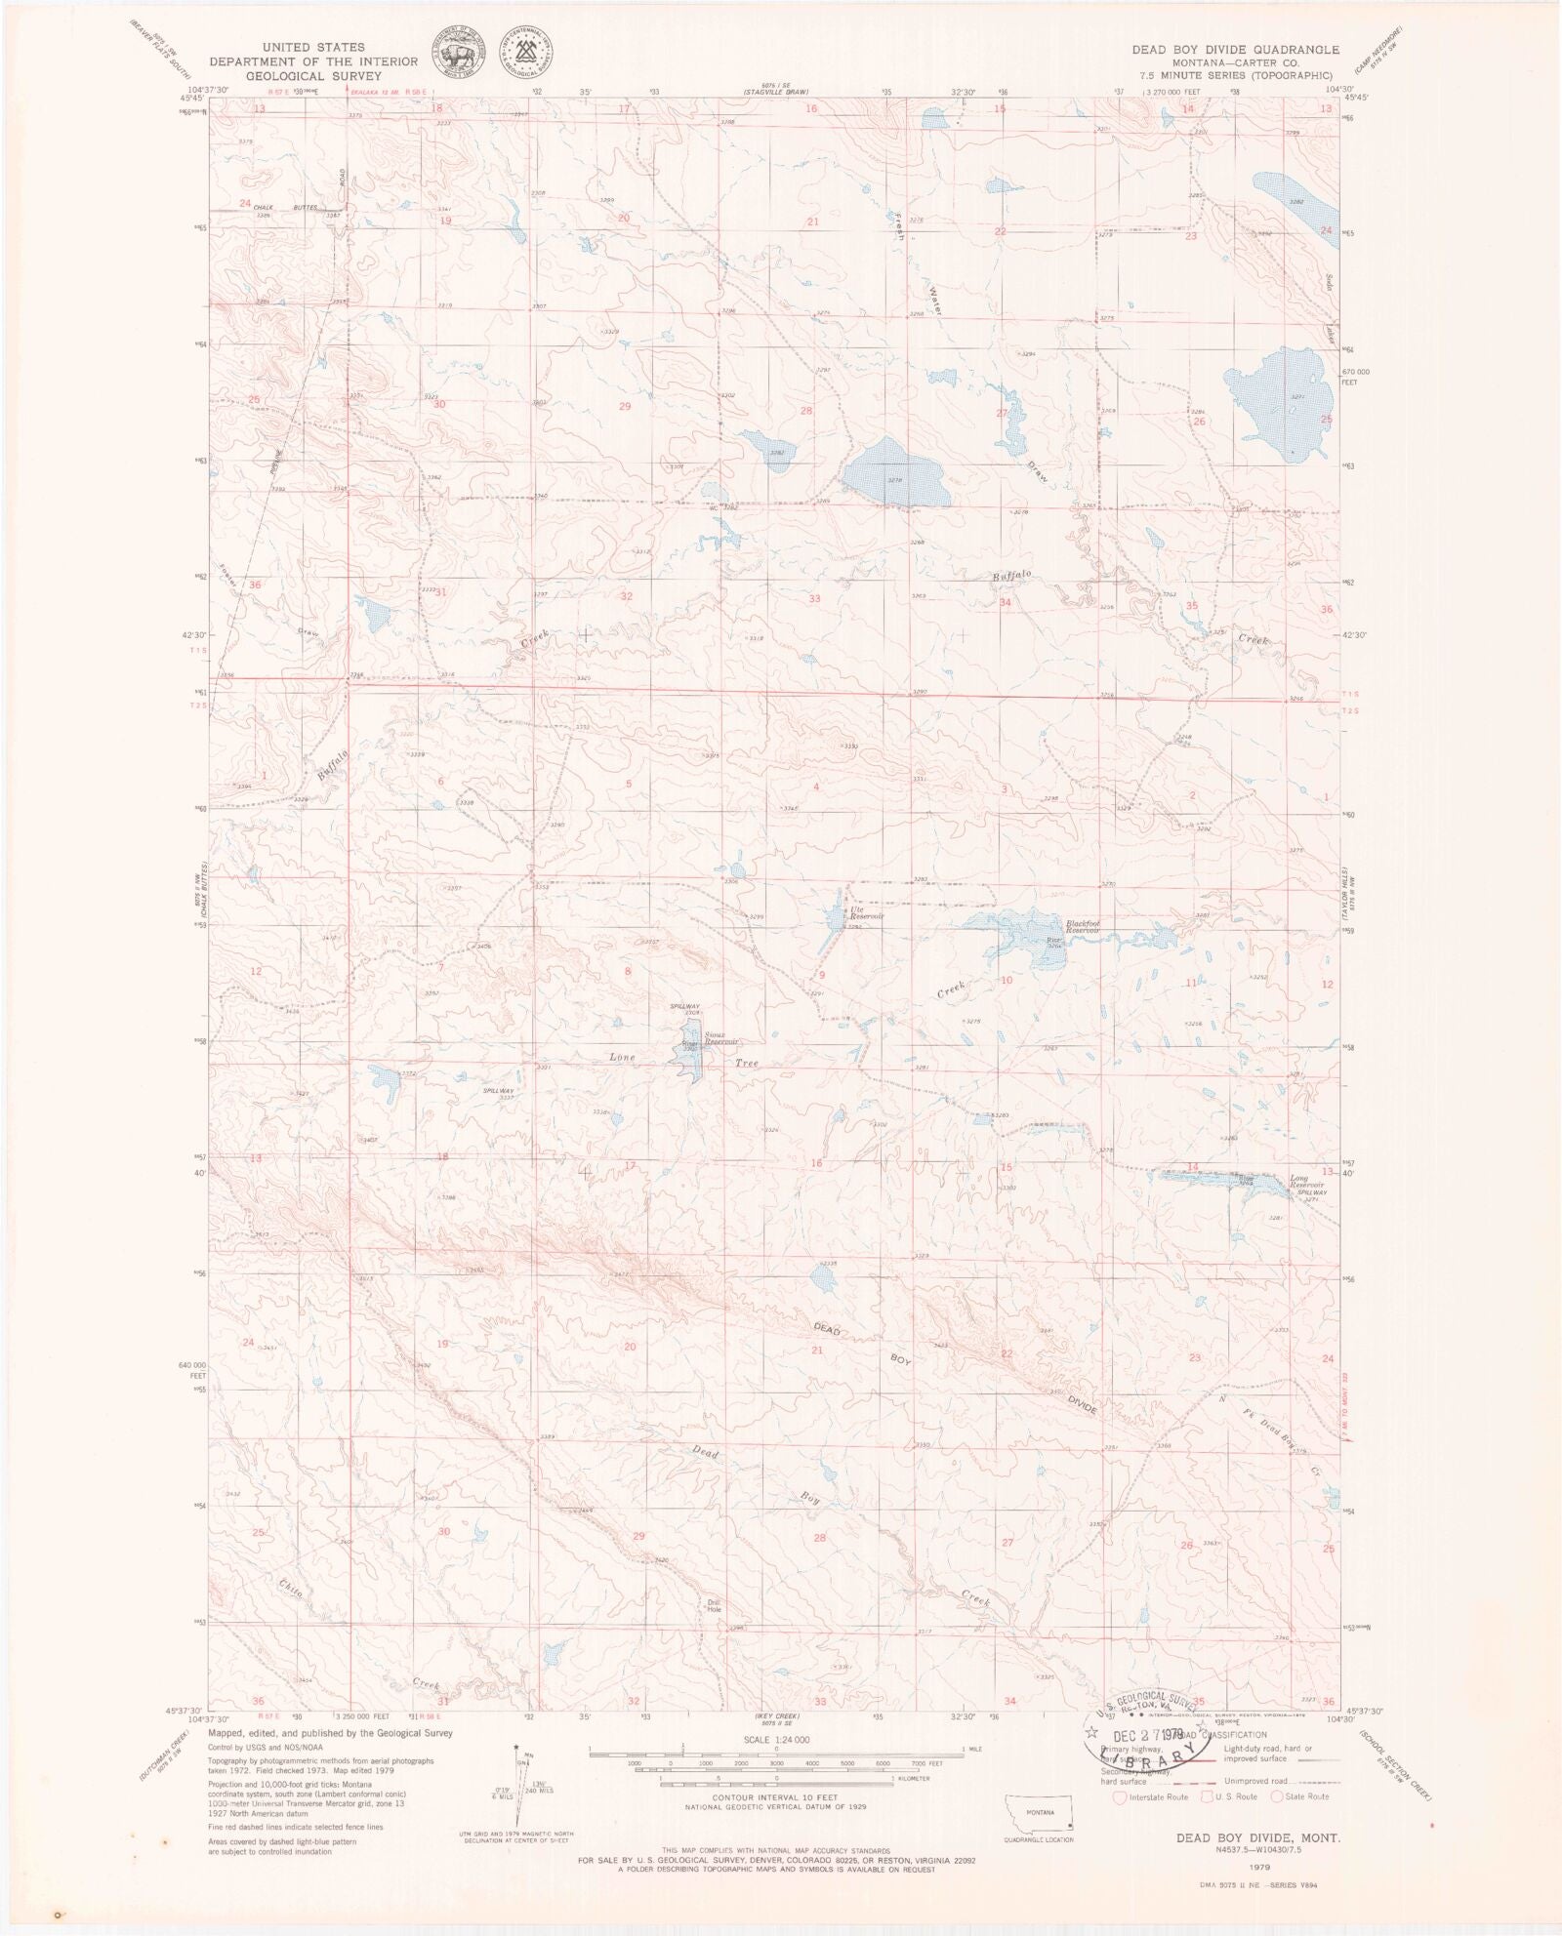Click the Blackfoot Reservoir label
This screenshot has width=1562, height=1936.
[x=1083, y=927]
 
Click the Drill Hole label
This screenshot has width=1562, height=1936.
[x=714, y=1603]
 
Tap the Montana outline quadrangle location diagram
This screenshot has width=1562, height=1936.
[x=1038, y=1821]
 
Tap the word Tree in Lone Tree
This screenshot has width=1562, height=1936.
[x=747, y=1065]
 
